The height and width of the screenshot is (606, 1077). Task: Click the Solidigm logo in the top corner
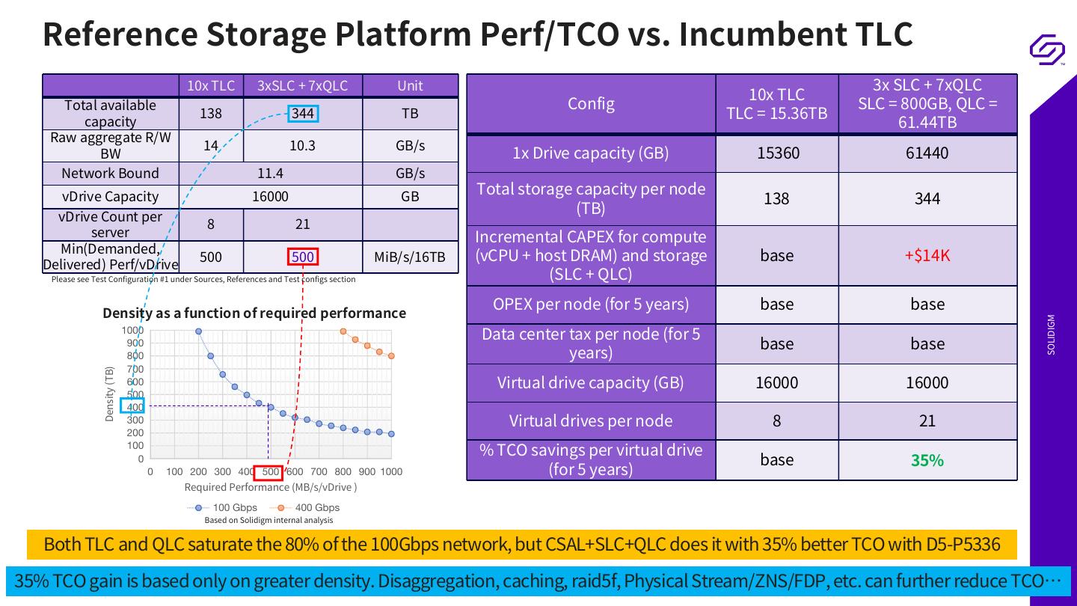click(1047, 49)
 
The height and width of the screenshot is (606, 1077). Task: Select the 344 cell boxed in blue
click(303, 114)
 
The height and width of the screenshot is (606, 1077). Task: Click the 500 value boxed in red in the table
click(303, 257)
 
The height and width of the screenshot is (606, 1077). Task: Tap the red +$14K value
click(927, 255)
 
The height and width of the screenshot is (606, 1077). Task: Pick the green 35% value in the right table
click(927, 460)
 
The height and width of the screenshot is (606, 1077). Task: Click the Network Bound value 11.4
click(270, 174)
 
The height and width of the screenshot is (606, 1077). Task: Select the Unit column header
click(410, 86)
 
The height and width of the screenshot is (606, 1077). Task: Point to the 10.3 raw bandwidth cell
click(302, 146)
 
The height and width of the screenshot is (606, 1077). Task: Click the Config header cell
click(591, 103)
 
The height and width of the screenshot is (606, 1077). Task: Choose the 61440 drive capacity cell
click(927, 153)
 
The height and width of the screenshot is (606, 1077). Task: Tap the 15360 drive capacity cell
click(777, 153)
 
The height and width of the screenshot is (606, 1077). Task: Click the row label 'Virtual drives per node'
click(591, 420)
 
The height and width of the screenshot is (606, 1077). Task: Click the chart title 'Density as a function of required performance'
click(254, 313)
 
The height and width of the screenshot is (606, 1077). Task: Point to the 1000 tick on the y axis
click(132, 331)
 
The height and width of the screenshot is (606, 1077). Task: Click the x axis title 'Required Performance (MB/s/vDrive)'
click(271, 487)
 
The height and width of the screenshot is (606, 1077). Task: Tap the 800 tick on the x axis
click(343, 471)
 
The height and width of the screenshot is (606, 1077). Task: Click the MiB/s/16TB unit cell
click(410, 257)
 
